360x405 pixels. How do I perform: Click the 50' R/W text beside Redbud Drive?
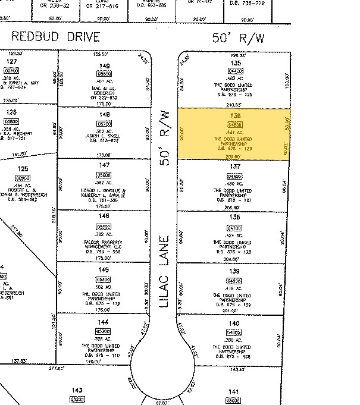[x=238, y=39]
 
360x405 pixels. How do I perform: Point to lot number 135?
[x=235, y=63]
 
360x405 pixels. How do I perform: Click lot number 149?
[x=105, y=66]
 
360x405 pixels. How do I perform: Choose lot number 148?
[x=105, y=115]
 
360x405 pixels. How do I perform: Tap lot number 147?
[x=105, y=165]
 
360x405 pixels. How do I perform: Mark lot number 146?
[x=105, y=218]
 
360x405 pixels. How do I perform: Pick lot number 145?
[x=105, y=271]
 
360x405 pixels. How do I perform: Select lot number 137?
[x=234, y=167]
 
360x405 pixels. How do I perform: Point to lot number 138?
[x=234, y=219]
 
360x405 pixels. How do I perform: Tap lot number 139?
[x=234, y=271]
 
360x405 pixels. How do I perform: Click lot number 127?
[x=11, y=62]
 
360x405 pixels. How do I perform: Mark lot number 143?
[x=76, y=390]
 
